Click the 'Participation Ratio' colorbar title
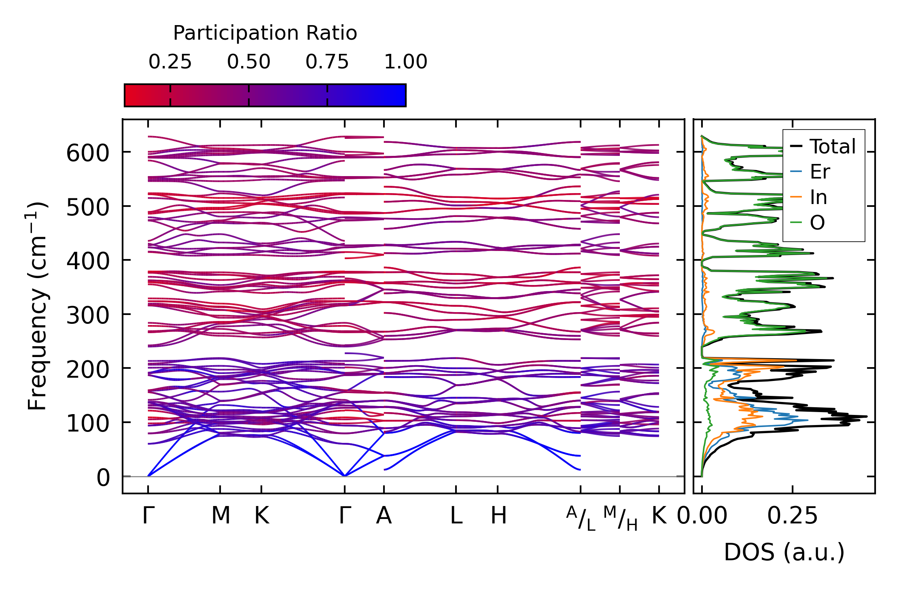(x=265, y=33)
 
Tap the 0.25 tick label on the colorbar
(x=170, y=62)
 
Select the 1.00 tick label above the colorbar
(x=405, y=62)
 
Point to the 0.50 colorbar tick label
(x=248, y=62)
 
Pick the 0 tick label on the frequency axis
(x=103, y=478)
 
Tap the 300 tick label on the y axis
(x=88, y=316)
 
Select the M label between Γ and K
(x=221, y=516)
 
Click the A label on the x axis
(x=384, y=516)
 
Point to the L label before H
(x=456, y=516)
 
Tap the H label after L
(x=498, y=516)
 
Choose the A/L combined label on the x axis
(x=581, y=518)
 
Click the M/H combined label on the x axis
(x=620, y=518)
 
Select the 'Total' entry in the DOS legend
(x=832, y=147)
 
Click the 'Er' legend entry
(x=820, y=172)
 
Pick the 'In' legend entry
(x=818, y=198)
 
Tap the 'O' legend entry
(x=817, y=223)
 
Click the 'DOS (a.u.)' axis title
(x=784, y=552)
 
